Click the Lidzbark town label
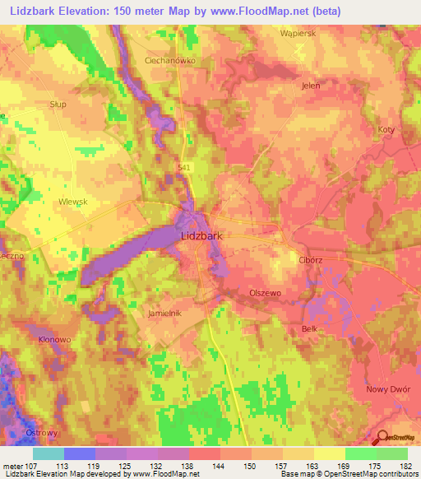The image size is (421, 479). tap(201, 236)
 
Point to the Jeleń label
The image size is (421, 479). tap(311, 85)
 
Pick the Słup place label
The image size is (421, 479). tap(58, 105)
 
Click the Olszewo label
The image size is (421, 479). tap(265, 293)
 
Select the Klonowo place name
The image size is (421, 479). tap(55, 339)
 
